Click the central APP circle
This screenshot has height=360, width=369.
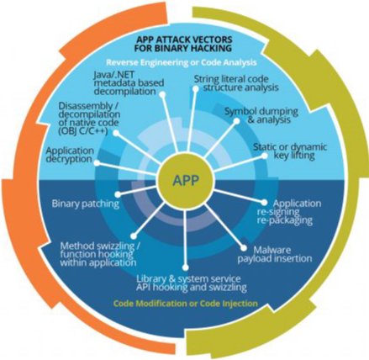(x=185, y=180)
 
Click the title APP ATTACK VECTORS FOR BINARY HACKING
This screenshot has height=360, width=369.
(x=183, y=43)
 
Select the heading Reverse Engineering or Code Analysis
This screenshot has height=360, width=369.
(x=182, y=62)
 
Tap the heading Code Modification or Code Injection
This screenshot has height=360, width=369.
(x=185, y=304)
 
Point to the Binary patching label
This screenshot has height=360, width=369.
(x=86, y=204)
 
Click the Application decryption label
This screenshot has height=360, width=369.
(x=70, y=155)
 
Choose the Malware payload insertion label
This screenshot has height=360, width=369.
(x=275, y=254)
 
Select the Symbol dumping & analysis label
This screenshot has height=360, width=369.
(x=261, y=115)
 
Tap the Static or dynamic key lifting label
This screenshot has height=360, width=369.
(x=290, y=151)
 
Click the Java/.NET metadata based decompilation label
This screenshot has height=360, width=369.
(x=129, y=83)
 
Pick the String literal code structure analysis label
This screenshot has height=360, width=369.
(x=236, y=82)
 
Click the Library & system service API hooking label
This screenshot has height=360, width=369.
(x=192, y=283)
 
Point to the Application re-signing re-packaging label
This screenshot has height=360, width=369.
(x=289, y=212)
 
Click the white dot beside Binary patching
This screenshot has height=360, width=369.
(x=118, y=194)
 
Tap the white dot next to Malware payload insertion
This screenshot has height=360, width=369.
(x=244, y=248)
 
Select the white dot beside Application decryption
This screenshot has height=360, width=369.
(x=97, y=163)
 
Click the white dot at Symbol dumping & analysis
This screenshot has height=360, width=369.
(x=236, y=121)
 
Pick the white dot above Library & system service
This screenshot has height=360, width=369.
(x=185, y=267)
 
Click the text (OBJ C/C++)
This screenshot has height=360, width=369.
(x=83, y=131)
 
